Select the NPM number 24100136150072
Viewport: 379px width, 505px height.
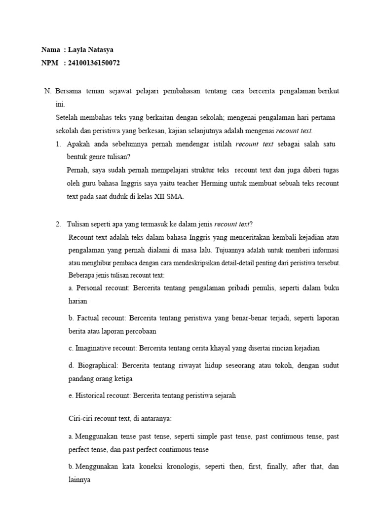click(94, 63)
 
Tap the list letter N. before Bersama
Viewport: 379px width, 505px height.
click(48, 91)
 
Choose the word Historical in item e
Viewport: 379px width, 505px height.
click(91, 396)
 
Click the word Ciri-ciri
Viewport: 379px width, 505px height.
click(80, 418)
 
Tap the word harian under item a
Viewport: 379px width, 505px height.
click(77, 300)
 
